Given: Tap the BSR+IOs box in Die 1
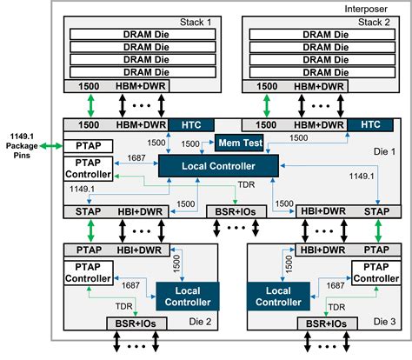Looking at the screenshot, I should pyautogui.click(x=232, y=211).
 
